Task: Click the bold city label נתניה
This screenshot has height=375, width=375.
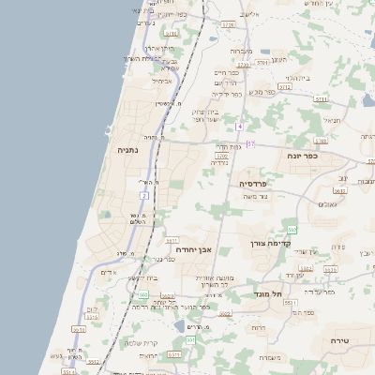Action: (127, 150)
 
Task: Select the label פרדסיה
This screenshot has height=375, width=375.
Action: (253, 183)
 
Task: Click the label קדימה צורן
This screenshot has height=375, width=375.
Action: (272, 243)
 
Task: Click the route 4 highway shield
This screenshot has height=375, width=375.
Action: (240, 126)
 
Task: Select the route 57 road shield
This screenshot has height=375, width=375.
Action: (250, 143)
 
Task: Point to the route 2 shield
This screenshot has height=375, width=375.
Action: (144, 195)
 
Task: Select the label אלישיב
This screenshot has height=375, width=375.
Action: (248, 14)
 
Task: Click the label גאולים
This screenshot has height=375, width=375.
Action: (326, 204)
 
